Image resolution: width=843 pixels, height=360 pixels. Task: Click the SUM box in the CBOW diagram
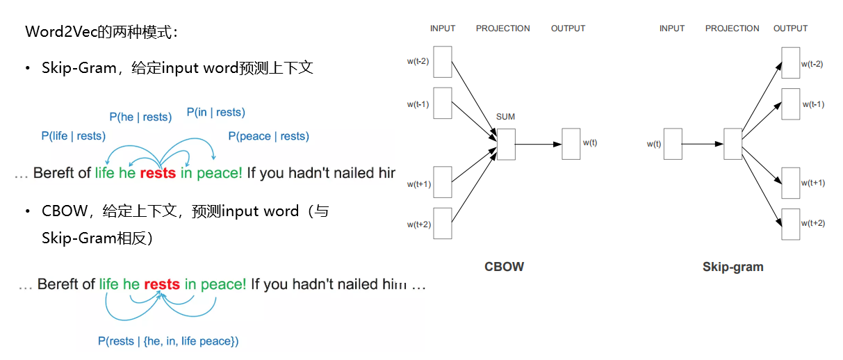tap(506, 144)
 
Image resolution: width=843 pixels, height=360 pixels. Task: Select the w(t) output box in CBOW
tap(571, 144)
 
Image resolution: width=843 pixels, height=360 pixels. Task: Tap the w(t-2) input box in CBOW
tap(443, 63)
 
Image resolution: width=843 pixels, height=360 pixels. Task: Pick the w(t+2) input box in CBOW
tap(443, 223)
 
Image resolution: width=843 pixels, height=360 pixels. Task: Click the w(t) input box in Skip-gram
tap(672, 144)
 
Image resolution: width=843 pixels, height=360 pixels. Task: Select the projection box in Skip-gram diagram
tap(732, 144)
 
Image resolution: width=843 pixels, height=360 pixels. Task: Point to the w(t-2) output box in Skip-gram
tap(790, 63)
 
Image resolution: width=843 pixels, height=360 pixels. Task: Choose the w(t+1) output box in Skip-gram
tap(790, 183)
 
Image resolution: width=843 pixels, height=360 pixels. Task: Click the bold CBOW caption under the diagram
tap(504, 267)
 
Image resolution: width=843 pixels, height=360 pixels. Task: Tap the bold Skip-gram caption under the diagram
tap(732, 267)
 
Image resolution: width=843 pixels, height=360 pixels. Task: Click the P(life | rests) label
tap(73, 136)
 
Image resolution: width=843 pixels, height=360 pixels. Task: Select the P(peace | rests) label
tap(268, 136)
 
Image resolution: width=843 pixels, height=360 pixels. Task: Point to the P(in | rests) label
tap(215, 113)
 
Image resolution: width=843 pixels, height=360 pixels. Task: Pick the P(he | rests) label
tap(140, 117)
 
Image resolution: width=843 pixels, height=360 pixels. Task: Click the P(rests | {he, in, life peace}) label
tap(168, 341)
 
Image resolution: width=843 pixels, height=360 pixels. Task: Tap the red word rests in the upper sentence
tap(158, 173)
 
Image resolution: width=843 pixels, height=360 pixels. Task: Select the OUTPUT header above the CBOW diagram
tap(568, 28)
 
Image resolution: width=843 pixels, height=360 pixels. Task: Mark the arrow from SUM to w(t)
tap(538, 144)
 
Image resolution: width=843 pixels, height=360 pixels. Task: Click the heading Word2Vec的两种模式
tap(101, 32)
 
